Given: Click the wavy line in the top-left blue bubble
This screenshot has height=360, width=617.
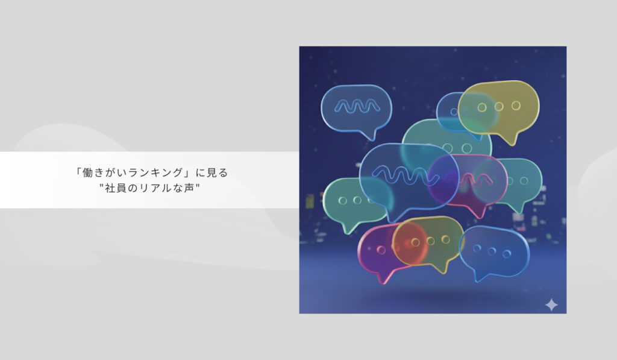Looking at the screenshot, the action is tap(357, 106).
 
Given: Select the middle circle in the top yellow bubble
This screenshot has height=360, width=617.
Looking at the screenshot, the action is tap(499, 106).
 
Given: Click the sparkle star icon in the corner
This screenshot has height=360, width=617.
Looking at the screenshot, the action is tap(551, 305).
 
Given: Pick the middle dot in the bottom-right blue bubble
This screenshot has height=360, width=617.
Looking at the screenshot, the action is tap(492, 251).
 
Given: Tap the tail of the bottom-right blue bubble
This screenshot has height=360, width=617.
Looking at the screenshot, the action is tap(478, 278).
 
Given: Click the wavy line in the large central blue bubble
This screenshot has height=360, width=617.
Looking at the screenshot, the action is tap(406, 175).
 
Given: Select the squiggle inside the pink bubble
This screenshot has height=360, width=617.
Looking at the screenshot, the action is tap(475, 180).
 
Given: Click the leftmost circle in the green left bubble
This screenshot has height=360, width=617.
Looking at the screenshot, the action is tap(343, 200).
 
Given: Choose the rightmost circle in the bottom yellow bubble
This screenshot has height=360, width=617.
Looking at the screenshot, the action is tap(445, 239).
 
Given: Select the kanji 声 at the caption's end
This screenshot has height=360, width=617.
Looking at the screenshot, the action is tap(189, 188).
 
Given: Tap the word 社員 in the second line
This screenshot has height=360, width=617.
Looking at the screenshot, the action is tap(116, 188).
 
